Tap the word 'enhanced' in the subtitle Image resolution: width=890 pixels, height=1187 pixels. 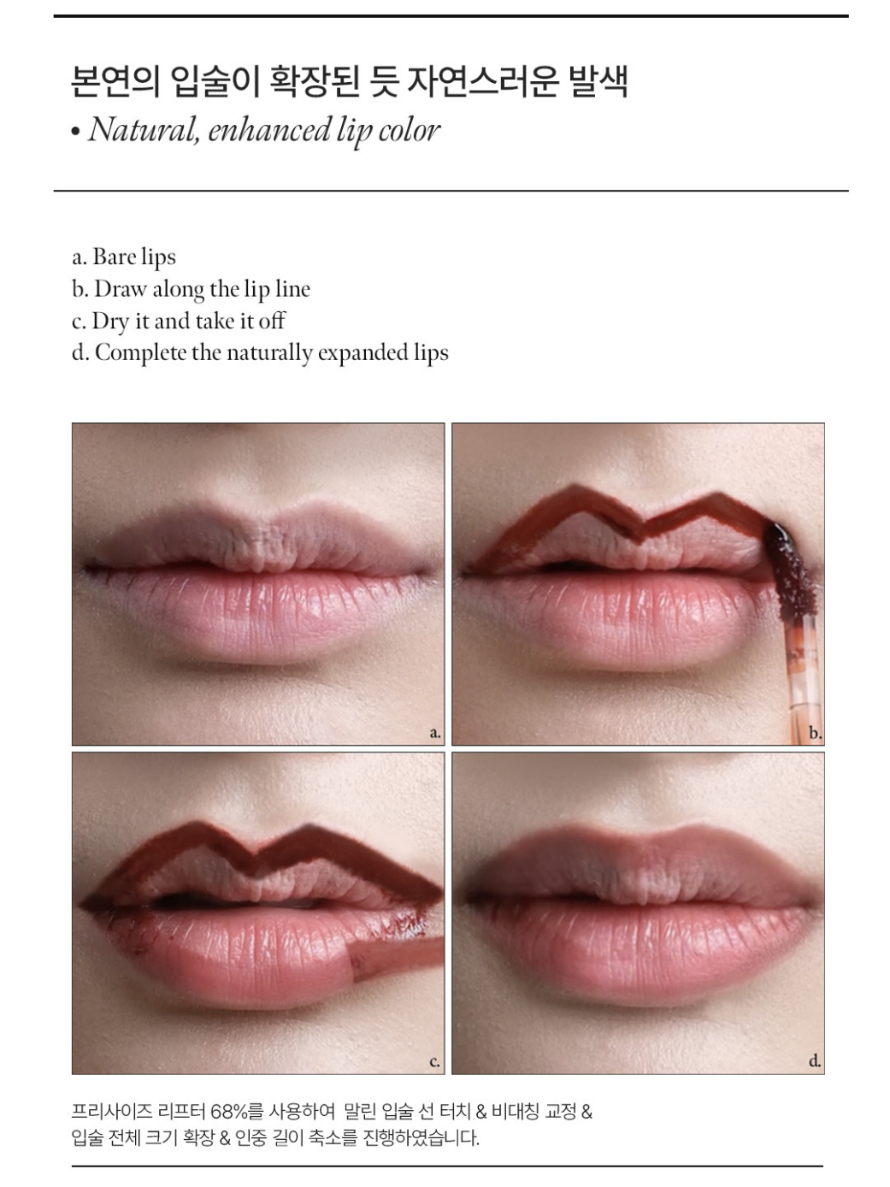point(269,130)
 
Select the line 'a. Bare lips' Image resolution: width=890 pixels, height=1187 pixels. point(124,257)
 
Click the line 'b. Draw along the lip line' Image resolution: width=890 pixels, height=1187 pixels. point(191,289)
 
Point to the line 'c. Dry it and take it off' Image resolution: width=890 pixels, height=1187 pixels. point(178,321)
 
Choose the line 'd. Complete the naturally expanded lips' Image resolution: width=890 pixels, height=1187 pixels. point(260,352)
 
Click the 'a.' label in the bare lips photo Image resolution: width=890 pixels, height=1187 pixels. point(434,733)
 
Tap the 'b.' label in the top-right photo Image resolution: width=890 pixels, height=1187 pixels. point(815,733)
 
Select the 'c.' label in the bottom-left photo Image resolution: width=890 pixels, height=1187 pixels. point(434,1062)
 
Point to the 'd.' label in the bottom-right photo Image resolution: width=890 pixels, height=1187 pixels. point(815,1062)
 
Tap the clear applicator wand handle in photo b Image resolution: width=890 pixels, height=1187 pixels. point(799,676)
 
